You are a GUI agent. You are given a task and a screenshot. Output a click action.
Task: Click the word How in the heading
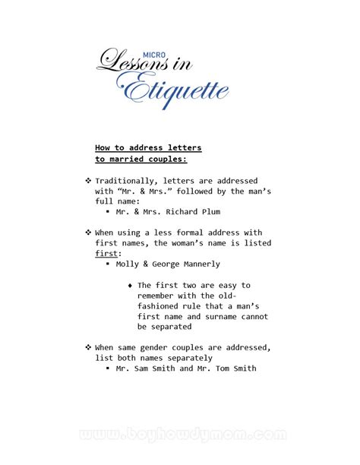pyautogui.click(x=104, y=147)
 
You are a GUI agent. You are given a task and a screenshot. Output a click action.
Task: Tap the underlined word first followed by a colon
pyautogui.click(x=106, y=253)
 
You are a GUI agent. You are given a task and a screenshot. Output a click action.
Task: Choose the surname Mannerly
pyautogui.click(x=203, y=264)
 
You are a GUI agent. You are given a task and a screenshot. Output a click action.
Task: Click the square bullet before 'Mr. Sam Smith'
pyautogui.click(x=109, y=369)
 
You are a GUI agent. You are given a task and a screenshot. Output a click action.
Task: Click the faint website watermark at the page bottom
pyautogui.click(x=180, y=436)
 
